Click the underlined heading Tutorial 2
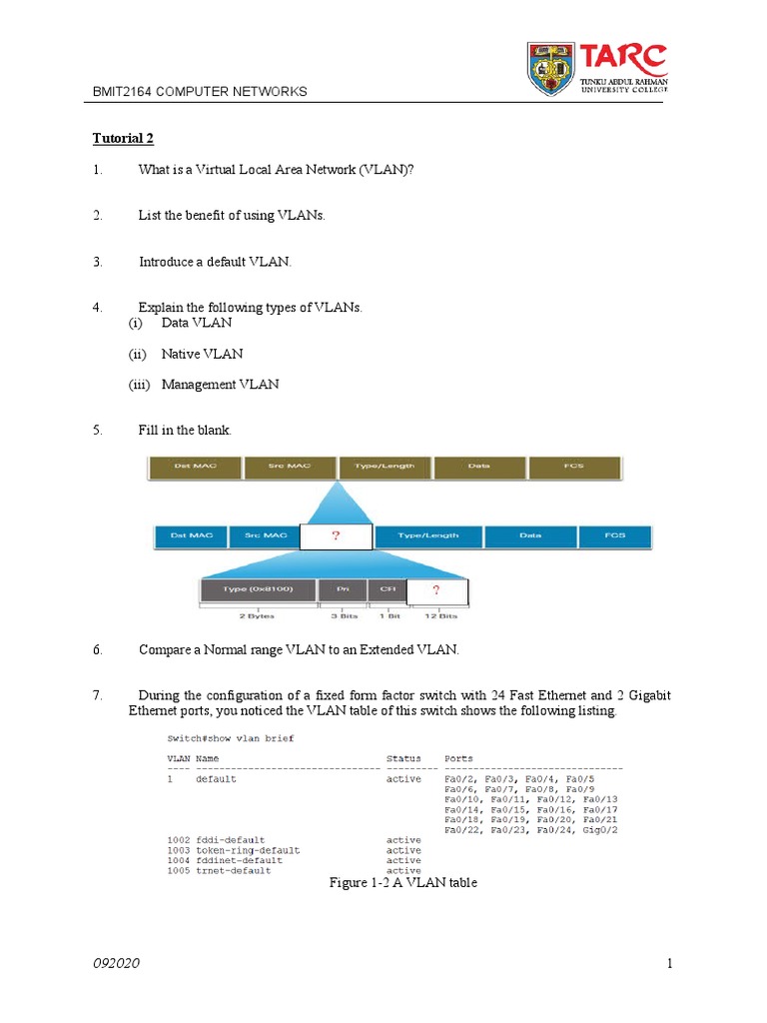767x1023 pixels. pyautogui.click(x=123, y=138)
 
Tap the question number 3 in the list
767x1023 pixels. pyautogui.click(x=97, y=262)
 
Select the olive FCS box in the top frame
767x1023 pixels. pyautogui.click(x=574, y=467)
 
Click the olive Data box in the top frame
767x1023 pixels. pyautogui.click(x=479, y=467)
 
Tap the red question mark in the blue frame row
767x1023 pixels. pyautogui.click(x=336, y=536)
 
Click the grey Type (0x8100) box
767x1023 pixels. pyautogui.click(x=258, y=590)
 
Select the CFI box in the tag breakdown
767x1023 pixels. pyautogui.click(x=386, y=590)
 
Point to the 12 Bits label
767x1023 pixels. pyautogui.click(x=436, y=617)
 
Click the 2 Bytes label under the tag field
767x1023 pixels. pyautogui.click(x=258, y=617)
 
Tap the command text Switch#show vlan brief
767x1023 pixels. pyautogui.click(x=229, y=739)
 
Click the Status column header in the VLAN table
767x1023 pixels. pyautogui.click(x=403, y=759)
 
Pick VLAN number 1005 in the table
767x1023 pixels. pyautogui.click(x=178, y=870)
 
